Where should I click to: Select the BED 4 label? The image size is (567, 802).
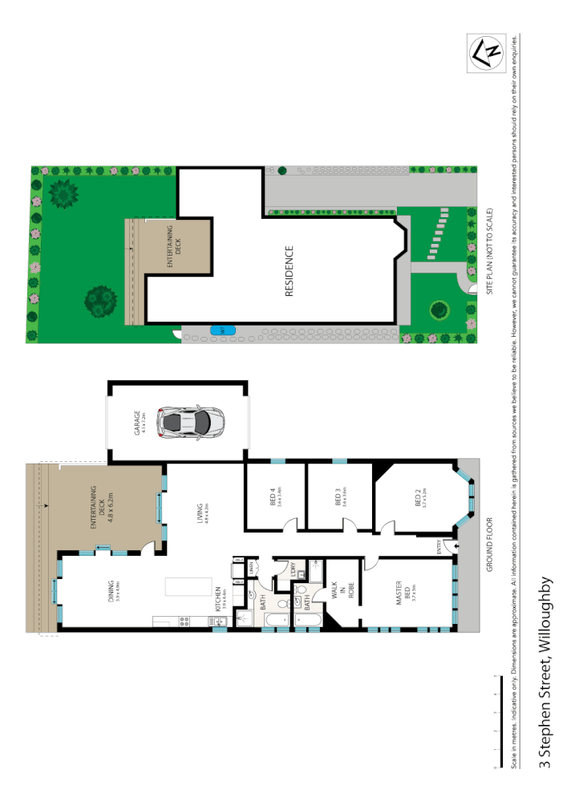click(x=274, y=499)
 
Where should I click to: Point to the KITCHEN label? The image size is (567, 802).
click(x=217, y=597)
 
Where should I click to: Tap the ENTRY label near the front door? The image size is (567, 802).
click(x=439, y=548)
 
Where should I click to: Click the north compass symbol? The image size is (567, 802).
click(x=485, y=54)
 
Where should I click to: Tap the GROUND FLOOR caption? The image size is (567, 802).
click(x=487, y=556)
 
